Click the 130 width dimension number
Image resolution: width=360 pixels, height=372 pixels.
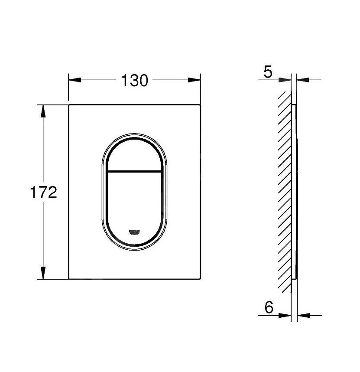[x=134, y=80]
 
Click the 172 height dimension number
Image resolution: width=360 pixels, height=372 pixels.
[x=44, y=192]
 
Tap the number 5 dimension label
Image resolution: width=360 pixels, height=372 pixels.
[x=268, y=72]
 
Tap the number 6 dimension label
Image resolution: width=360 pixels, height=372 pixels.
[x=269, y=307]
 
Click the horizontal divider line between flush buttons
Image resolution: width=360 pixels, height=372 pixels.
[x=134, y=170]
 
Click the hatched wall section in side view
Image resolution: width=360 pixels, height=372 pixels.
[x=285, y=191]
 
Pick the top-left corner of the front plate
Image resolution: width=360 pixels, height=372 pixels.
[x=69, y=105]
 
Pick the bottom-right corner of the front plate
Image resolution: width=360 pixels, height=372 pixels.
[x=201, y=279]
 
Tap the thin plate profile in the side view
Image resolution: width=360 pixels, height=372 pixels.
[x=295, y=191]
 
